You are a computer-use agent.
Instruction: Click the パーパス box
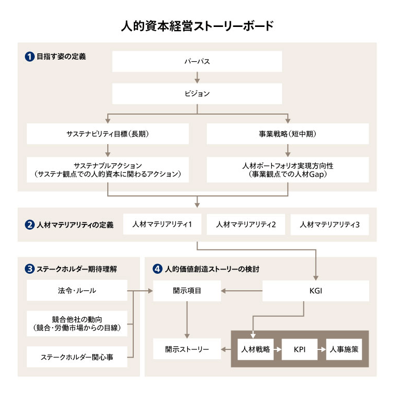pyautogui.click(x=197, y=61)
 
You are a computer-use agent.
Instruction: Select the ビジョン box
pyautogui.click(x=197, y=94)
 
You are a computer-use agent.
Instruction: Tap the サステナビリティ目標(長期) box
pyautogui.click(x=108, y=134)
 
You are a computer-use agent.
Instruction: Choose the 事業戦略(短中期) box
pyautogui.click(x=288, y=134)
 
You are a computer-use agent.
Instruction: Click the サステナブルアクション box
pyautogui.click(x=108, y=170)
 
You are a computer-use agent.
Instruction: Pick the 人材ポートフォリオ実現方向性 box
pyautogui.click(x=288, y=170)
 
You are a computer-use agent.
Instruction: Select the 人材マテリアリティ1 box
pyautogui.click(x=162, y=225)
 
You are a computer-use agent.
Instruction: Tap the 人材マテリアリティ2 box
pyautogui.click(x=246, y=225)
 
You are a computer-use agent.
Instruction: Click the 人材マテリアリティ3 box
pyautogui.click(x=329, y=225)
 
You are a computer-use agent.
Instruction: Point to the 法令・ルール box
pyautogui.click(x=77, y=290)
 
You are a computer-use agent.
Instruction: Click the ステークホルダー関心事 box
pyautogui.click(x=77, y=357)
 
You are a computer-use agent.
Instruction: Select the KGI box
pyautogui.click(x=316, y=291)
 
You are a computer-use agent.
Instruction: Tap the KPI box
pyautogui.click(x=299, y=349)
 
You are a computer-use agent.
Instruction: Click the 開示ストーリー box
pyautogui.click(x=187, y=349)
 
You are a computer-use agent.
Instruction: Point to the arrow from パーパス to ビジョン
pyautogui.click(x=197, y=77)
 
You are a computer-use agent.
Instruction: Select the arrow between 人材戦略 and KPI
pyautogui.click(x=277, y=349)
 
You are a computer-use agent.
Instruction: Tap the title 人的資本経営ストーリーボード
pyautogui.click(x=197, y=25)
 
